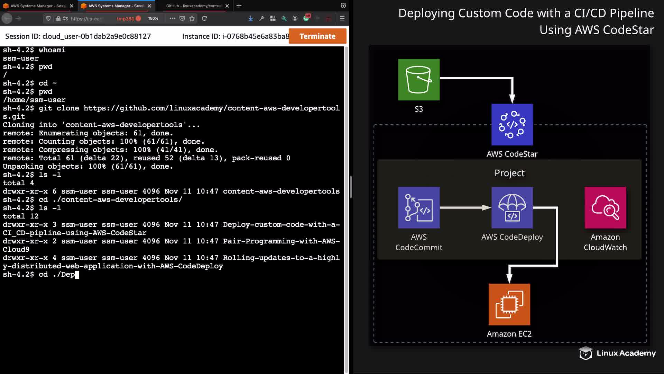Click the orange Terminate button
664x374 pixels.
[x=317, y=36]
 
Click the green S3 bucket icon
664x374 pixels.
[x=419, y=80]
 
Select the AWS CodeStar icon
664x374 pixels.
[x=512, y=125]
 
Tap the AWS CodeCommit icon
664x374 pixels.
[x=419, y=208]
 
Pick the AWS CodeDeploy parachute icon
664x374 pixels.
[x=512, y=208]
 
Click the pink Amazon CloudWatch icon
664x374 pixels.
[x=605, y=208]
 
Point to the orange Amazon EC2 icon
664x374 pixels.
[x=509, y=304]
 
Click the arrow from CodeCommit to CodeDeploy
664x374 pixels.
[x=465, y=208]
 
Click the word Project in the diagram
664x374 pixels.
[x=509, y=173]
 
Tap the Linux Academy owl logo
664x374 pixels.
[x=585, y=353]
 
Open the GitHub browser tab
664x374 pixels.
[x=194, y=6]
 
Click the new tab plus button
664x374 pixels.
[x=239, y=6]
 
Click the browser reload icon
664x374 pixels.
[x=204, y=18]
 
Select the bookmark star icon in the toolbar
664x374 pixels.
[x=192, y=18]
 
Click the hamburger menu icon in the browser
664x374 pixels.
[x=342, y=18]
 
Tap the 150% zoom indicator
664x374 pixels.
[x=153, y=18]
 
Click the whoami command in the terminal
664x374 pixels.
[x=52, y=50]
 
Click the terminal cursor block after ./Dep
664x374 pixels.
[x=77, y=275]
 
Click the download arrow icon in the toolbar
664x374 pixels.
[x=251, y=18]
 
